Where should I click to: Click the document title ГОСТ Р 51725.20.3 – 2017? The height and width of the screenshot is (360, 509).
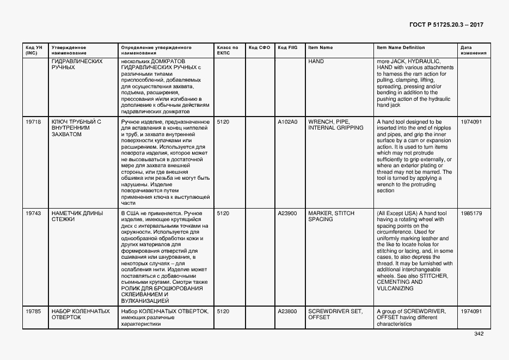click(x=446, y=25)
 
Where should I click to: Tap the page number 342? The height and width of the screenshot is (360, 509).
click(x=479, y=334)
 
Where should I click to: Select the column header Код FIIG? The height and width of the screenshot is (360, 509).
click(x=287, y=48)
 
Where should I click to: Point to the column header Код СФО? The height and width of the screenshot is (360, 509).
click(x=259, y=48)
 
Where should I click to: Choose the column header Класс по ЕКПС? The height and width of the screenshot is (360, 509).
click(x=228, y=51)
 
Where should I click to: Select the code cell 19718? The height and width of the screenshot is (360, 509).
click(x=33, y=122)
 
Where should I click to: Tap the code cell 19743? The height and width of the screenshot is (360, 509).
click(x=33, y=213)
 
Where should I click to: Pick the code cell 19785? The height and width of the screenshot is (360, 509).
click(x=33, y=312)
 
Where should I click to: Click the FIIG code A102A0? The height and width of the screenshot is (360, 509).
click(x=287, y=122)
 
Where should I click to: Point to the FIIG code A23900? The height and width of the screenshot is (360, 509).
click(x=287, y=213)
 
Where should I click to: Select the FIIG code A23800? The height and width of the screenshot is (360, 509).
click(x=287, y=312)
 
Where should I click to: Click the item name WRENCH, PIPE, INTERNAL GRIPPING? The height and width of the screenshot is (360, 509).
click(x=336, y=125)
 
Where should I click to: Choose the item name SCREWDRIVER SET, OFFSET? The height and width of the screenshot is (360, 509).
click(x=335, y=314)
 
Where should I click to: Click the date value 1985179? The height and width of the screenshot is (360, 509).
click(x=471, y=213)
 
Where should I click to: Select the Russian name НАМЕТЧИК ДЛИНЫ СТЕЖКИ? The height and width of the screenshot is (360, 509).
click(x=77, y=216)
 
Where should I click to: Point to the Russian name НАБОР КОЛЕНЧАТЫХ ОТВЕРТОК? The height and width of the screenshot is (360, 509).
click(x=81, y=314)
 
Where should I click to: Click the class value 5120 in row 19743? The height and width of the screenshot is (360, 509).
click(x=223, y=213)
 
